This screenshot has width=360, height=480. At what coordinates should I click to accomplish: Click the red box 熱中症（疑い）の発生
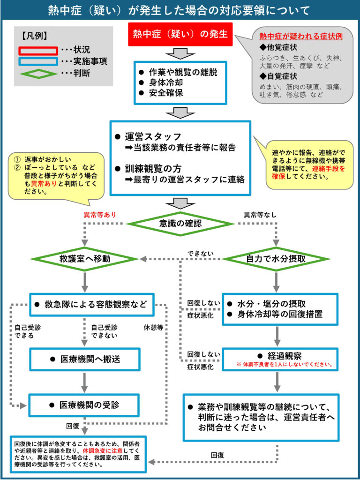(180, 35)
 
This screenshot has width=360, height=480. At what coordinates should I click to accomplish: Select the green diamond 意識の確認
(180, 224)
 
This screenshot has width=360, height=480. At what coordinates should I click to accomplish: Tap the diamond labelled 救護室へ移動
(85, 259)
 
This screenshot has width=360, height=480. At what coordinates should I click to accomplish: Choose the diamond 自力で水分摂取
(276, 259)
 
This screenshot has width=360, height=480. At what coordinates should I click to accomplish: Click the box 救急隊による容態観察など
(92, 305)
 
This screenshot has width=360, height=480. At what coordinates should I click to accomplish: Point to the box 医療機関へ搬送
(85, 360)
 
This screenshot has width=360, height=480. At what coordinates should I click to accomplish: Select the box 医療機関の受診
(85, 405)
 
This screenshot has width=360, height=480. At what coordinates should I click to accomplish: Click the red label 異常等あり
(100, 215)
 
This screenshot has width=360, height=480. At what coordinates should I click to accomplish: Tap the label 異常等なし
(260, 215)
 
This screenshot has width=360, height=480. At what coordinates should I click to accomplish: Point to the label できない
(201, 254)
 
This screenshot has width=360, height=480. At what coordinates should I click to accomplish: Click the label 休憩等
(153, 327)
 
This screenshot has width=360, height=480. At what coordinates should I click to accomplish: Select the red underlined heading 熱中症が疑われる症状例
(301, 37)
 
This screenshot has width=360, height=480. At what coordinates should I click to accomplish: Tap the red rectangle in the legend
(38, 51)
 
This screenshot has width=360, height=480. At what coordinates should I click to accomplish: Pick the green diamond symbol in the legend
(38, 74)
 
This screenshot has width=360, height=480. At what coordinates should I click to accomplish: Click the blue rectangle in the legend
(38, 62)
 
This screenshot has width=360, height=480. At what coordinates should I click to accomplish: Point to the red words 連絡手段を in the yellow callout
(329, 169)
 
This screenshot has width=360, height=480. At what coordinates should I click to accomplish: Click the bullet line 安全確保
(161, 93)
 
